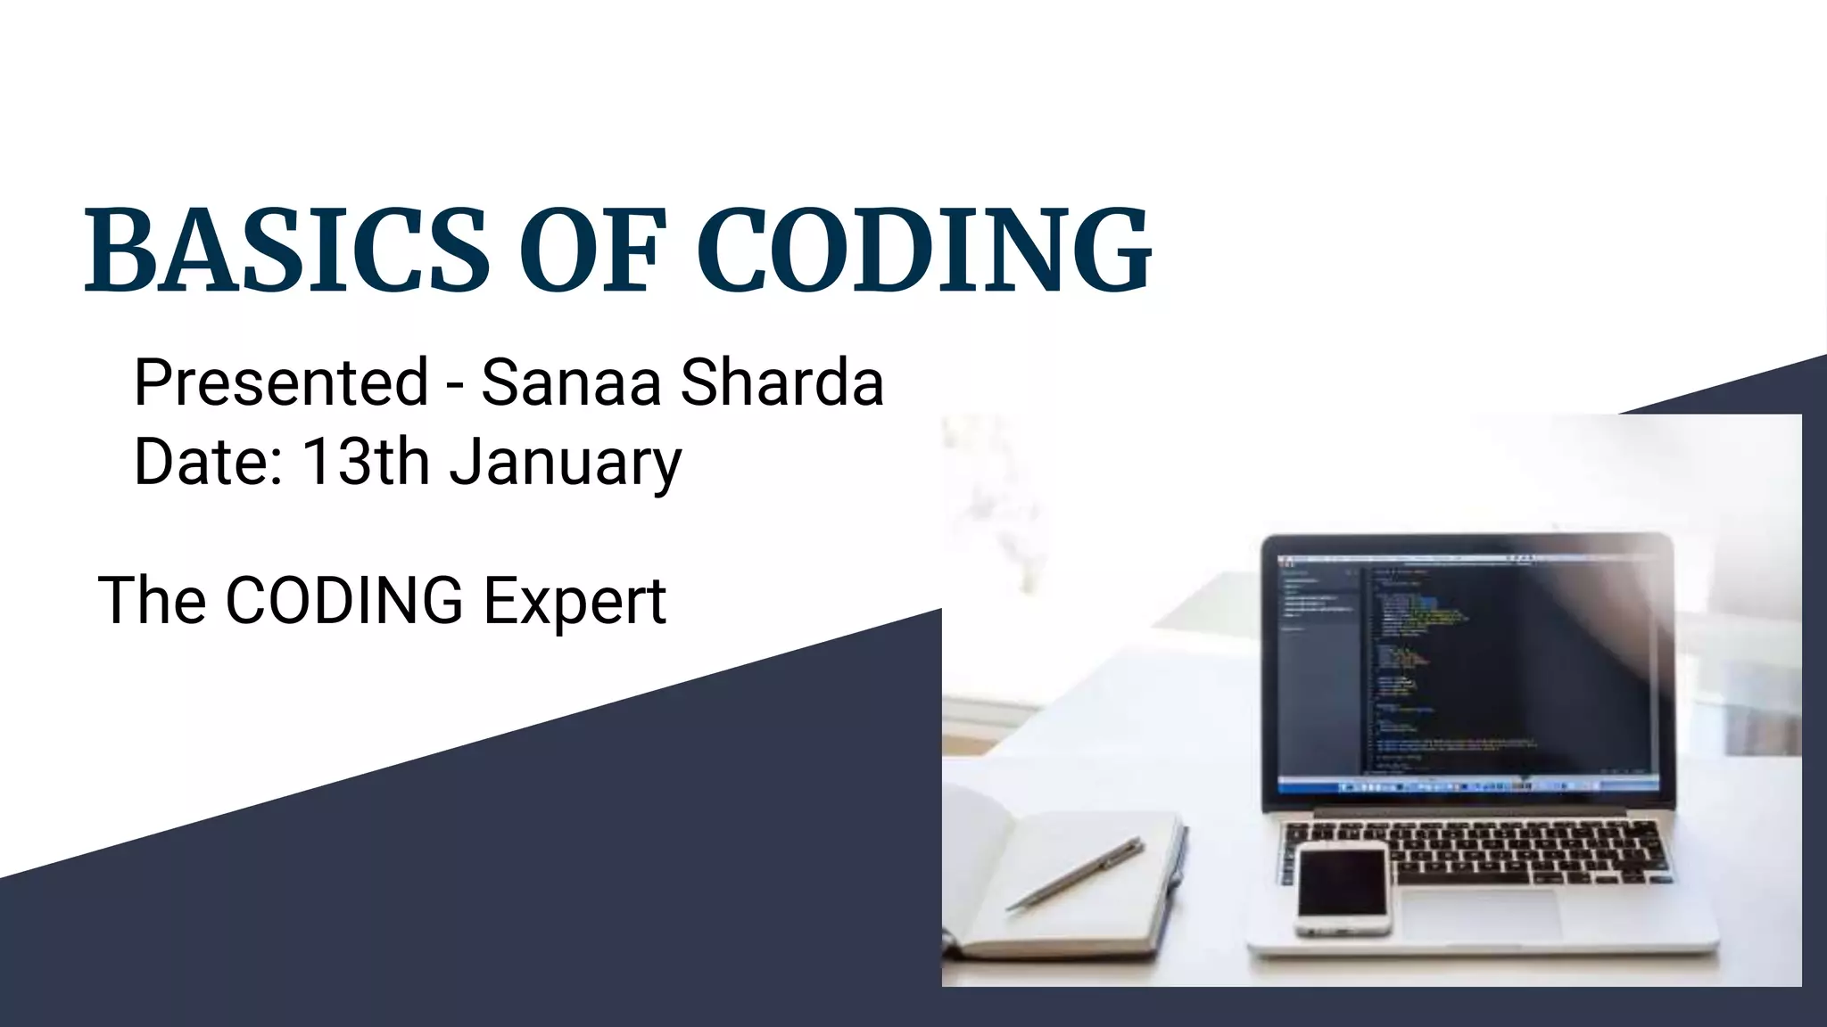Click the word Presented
(281, 382)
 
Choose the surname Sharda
(781, 382)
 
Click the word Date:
(208, 461)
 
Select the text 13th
(367, 461)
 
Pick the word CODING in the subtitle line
(343, 600)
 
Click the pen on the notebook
(1075, 874)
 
